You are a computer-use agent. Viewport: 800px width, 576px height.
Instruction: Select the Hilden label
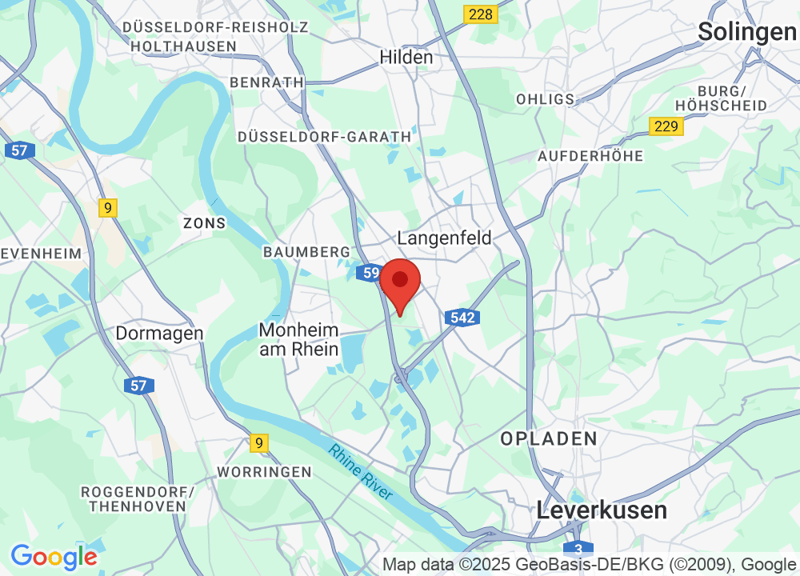(406, 57)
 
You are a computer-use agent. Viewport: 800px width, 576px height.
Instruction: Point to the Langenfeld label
(444, 238)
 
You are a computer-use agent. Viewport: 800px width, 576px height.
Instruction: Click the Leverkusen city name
(602, 510)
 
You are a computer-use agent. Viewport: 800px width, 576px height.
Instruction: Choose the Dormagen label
(159, 333)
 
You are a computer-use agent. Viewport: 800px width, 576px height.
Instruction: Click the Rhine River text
(361, 472)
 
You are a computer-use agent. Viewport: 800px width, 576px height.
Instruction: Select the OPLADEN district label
(549, 438)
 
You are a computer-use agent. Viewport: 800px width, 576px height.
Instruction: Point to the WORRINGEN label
(264, 472)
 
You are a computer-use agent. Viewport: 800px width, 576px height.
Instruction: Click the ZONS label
(204, 222)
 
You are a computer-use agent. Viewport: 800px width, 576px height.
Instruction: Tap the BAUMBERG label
(306, 252)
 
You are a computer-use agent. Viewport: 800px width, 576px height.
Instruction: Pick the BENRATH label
(266, 82)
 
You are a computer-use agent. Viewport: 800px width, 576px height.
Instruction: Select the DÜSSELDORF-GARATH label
(324, 137)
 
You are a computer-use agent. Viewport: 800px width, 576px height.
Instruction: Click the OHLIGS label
(546, 99)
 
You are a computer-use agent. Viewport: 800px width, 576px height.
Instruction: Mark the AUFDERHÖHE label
(590, 156)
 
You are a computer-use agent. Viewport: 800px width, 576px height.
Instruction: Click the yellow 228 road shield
(480, 14)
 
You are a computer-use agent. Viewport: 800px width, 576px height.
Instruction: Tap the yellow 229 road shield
(666, 126)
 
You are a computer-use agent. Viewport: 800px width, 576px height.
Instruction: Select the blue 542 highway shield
(462, 318)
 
